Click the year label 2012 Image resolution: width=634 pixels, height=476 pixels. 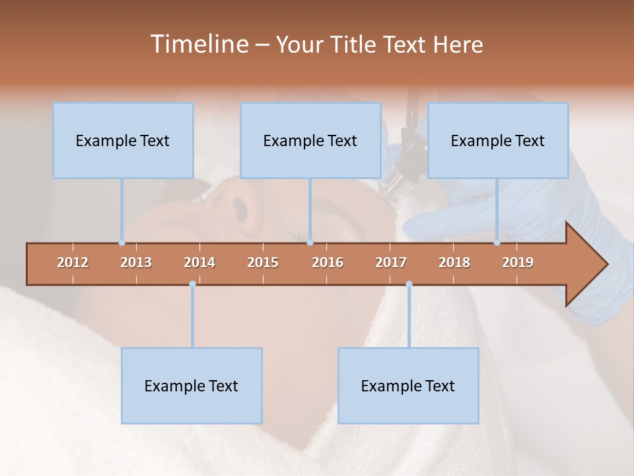coord(73,262)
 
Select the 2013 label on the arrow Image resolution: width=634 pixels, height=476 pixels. coord(136,262)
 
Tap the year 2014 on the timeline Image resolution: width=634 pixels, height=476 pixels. coord(199,262)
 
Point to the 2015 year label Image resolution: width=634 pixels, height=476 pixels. coord(263,262)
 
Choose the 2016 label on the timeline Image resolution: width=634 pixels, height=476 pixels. coord(328,262)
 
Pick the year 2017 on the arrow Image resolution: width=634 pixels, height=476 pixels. coord(391,262)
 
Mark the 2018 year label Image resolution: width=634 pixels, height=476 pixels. coord(454,262)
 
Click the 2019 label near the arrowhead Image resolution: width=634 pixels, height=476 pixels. coord(518,262)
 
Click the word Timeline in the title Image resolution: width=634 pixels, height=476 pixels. coord(199,44)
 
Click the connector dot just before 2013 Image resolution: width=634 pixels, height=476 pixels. coord(122,242)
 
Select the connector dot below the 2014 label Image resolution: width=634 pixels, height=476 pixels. coord(192,284)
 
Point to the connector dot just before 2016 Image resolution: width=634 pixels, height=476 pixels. coord(310,242)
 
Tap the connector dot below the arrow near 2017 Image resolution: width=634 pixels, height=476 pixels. coord(409,284)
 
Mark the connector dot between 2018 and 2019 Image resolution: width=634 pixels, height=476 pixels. coord(497,242)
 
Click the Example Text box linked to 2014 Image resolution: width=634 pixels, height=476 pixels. coord(192,385)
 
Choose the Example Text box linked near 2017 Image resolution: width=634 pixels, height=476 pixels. coord(408,385)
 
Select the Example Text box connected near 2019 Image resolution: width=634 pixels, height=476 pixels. coord(498,140)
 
